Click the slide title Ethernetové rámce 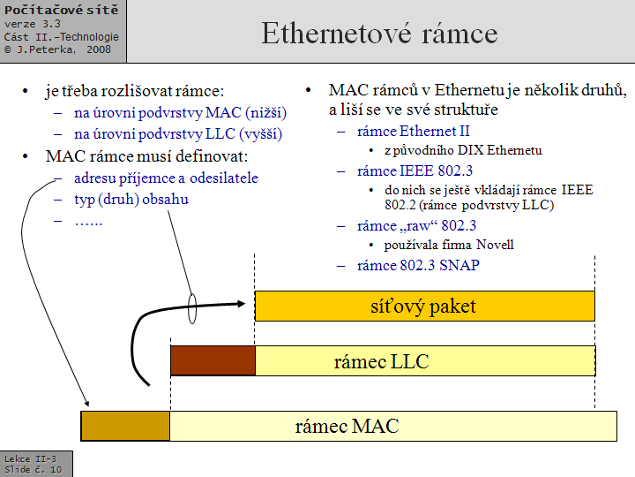(x=379, y=34)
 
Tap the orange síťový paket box (x=424, y=307)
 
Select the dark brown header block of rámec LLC (x=212, y=360)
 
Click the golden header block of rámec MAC (x=125, y=426)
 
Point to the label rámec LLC (x=380, y=361)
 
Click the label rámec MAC (x=347, y=427)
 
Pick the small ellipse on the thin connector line (x=191, y=308)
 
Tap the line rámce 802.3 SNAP (x=418, y=265)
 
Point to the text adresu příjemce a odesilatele (x=166, y=178)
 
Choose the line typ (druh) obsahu (x=131, y=199)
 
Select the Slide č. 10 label (x=34, y=469)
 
